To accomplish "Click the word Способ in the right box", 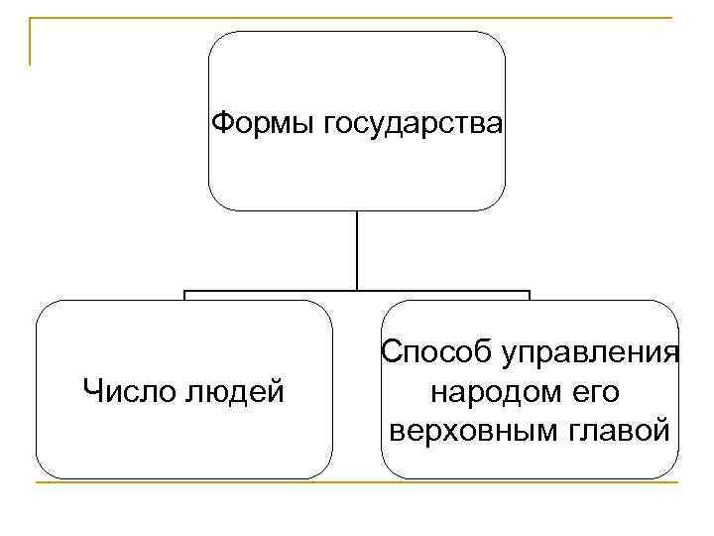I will click(x=436, y=353).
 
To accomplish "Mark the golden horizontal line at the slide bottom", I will click(x=357, y=483).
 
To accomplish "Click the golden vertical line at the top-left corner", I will click(x=31, y=40).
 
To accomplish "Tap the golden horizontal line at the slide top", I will click(x=357, y=18).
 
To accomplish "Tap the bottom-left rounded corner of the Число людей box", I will click(x=44, y=470).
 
